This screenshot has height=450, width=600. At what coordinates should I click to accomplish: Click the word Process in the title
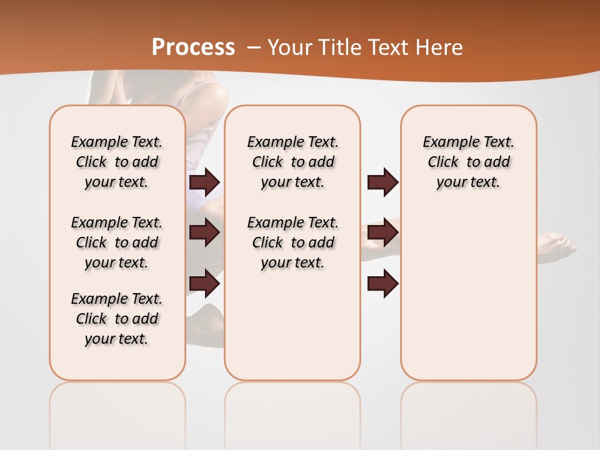tap(193, 47)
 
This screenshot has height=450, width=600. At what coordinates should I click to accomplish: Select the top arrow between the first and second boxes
tap(204, 182)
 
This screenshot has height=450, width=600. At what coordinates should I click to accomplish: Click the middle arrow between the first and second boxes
tap(204, 232)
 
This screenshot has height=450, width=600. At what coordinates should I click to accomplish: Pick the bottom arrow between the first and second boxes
tap(204, 284)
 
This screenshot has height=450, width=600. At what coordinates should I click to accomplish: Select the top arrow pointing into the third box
tap(382, 182)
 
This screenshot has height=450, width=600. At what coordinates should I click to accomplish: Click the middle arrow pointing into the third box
tap(382, 232)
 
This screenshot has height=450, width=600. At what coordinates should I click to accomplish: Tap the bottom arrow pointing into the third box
tap(382, 284)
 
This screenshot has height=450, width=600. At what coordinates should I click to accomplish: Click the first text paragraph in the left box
tap(117, 162)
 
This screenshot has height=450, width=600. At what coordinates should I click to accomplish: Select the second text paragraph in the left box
tap(117, 242)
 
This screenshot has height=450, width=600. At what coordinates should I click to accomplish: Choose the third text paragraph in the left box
tap(117, 319)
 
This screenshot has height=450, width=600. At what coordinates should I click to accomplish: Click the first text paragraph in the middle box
tap(293, 162)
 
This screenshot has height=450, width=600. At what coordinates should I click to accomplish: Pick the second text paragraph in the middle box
tap(293, 242)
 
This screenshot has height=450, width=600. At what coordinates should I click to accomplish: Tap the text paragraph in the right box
tap(469, 162)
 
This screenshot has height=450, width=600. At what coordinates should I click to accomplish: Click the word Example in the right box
tap(447, 142)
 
